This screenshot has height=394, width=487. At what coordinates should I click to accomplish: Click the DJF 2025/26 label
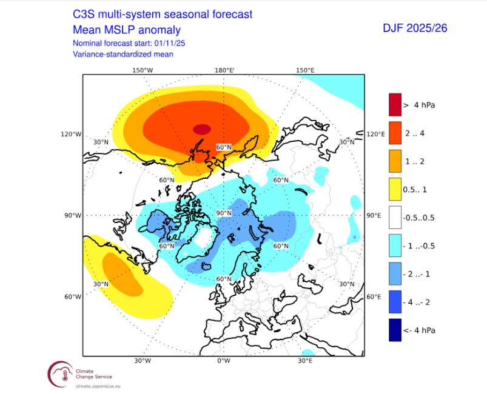pyautogui.click(x=415, y=28)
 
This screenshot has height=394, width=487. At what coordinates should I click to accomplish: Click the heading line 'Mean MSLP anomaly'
pyautogui.click(x=126, y=30)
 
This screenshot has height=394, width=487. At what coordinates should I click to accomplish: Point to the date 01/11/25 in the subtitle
pyautogui.click(x=172, y=43)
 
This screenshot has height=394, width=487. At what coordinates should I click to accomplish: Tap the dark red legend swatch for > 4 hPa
pyautogui.click(x=395, y=105)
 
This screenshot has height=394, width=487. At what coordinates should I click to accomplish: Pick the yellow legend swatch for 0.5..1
pyautogui.click(x=395, y=189)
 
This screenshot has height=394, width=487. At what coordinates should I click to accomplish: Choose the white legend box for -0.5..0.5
pyautogui.click(x=395, y=217)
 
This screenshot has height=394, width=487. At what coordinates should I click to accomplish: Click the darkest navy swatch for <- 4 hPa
pyautogui.click(x=395, y=330)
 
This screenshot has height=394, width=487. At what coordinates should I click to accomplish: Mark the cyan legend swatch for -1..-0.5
pyautogui.click(x=395, y=245)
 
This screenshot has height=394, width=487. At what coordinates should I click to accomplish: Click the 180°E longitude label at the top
pyautogui.click(x=224, y=70)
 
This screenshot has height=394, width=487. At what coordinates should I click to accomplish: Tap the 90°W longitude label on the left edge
pyautogui.click(x=73, y=215)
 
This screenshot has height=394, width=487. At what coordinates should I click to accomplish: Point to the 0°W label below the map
pyautogui.click(x=224, y=361)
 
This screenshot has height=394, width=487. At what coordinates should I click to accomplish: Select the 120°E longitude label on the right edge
pyautogui.click(x=376, y=134)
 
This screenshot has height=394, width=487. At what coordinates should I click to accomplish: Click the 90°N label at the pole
pyautogui.click(x=224, y=213)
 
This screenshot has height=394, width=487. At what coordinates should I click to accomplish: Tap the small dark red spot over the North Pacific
pyautogui.click(x=202, y=129)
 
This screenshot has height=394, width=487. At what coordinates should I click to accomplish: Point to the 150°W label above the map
pyautogui.click(x=143, y=70)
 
